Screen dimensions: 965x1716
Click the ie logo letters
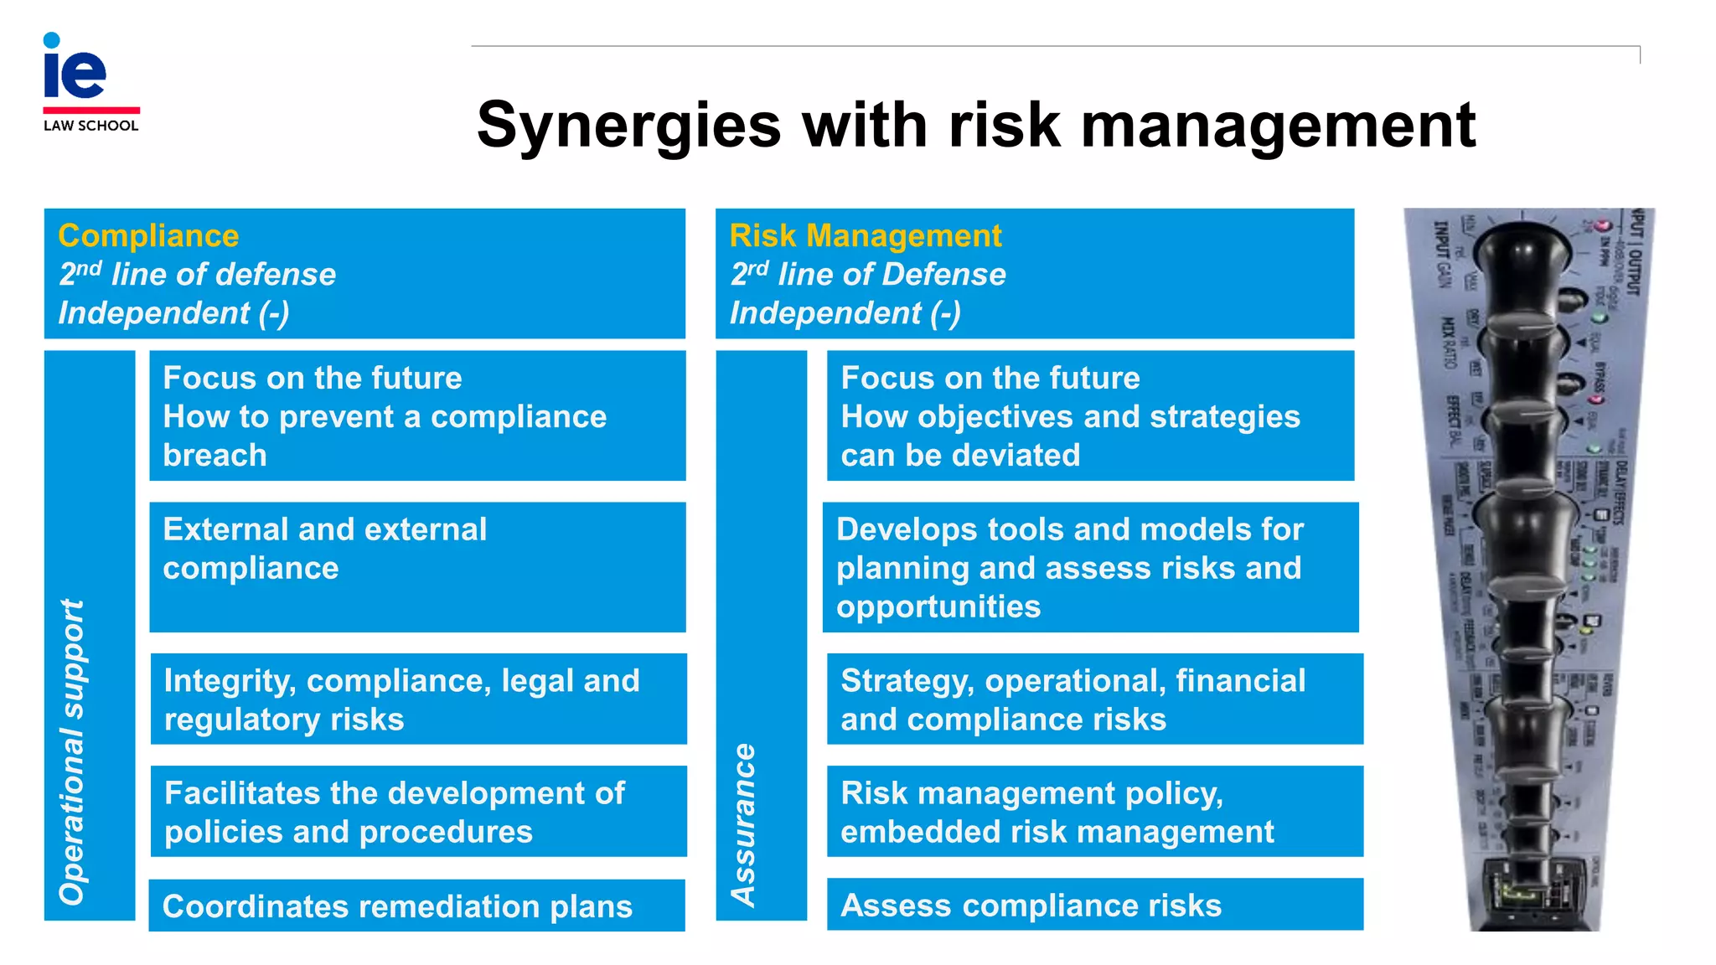pos(75,70)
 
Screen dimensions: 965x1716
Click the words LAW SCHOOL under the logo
pos(90,126)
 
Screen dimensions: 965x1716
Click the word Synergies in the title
pos(628,126)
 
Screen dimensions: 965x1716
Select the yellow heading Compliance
pos(148,236)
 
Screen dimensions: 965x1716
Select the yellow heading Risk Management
pos(865,236)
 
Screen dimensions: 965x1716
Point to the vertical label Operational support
pos(73,751)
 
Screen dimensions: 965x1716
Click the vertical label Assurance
pos(744,824)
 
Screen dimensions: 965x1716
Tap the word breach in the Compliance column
pos(214,456)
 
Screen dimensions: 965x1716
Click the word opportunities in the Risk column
pos(938,606)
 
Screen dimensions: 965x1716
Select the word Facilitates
pos(243,793)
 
